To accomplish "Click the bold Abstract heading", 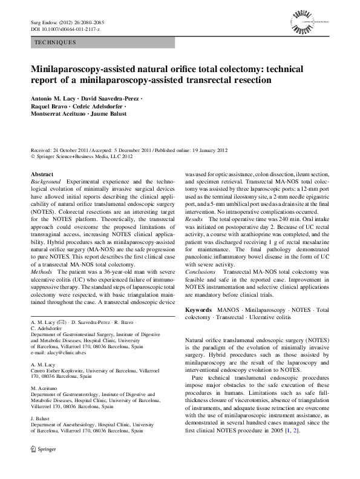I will [x=42, y=174].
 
